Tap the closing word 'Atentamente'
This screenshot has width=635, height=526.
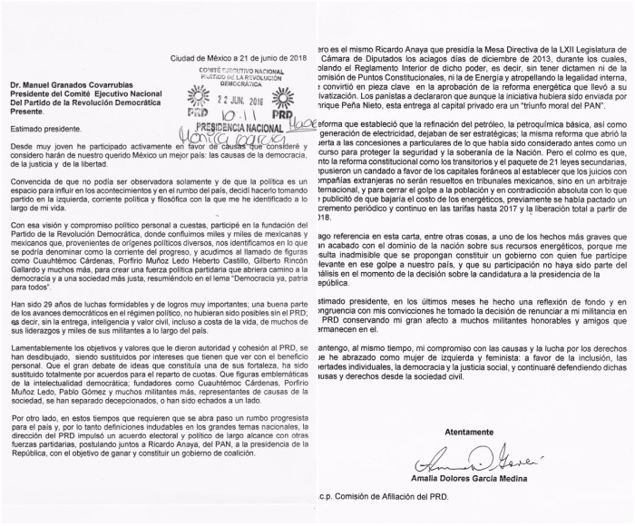[459, 432]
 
